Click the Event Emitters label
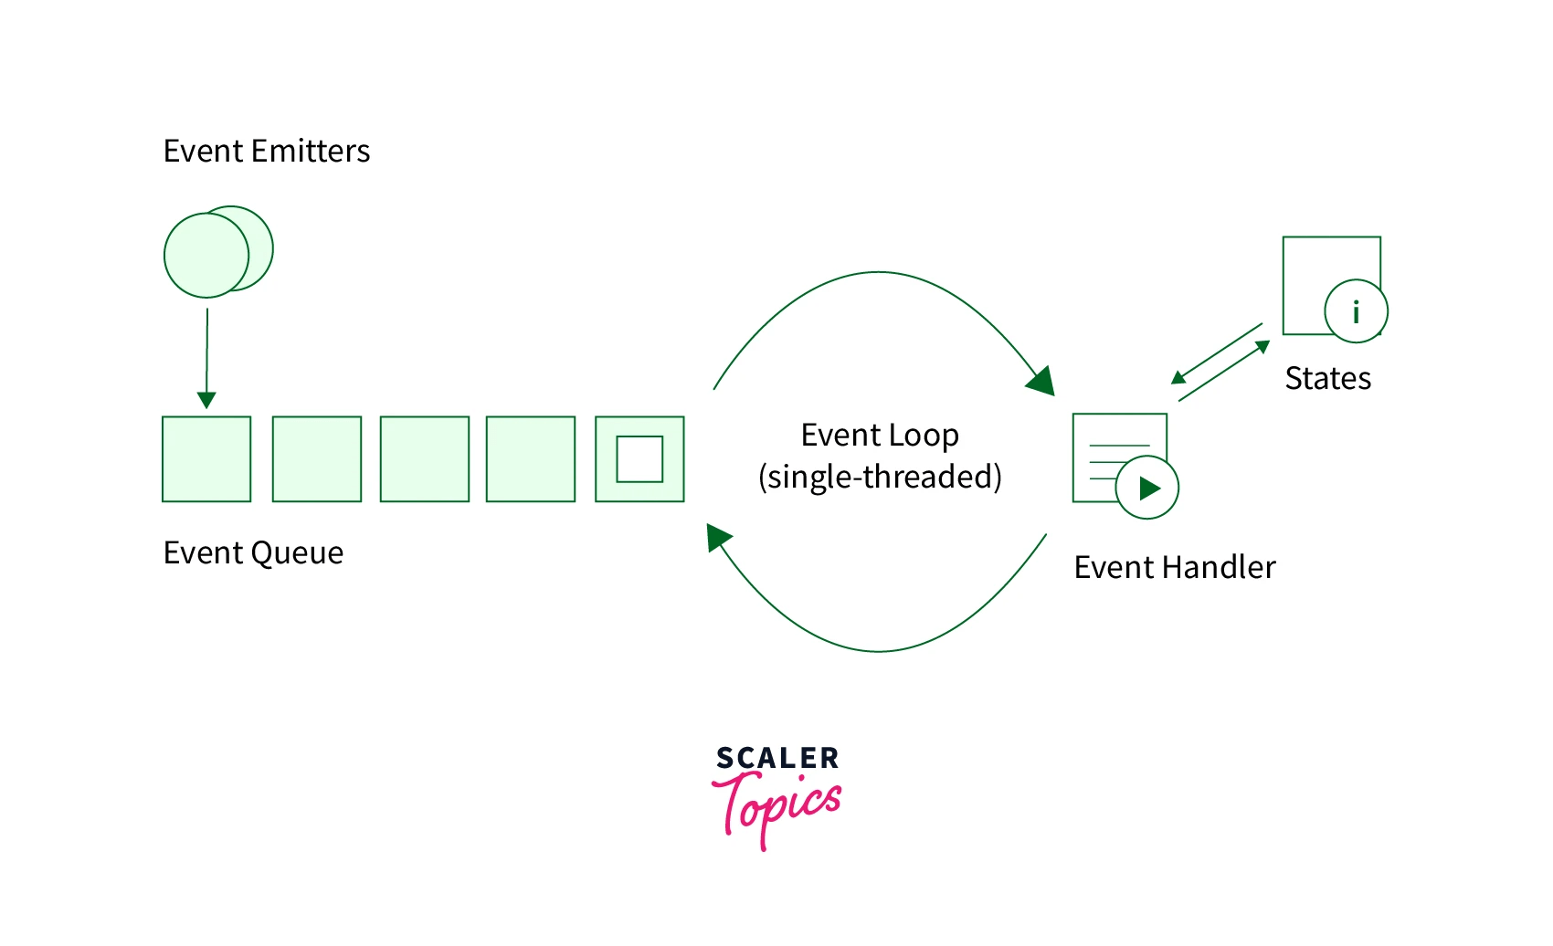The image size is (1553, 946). click(x=266, y=151)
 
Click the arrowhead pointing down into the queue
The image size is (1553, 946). click(x=206, y=400)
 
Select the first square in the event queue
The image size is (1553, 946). click(x=206, y=459)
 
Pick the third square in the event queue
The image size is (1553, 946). click(x=424, y=459)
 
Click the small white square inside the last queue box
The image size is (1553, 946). click(x=639, y=459)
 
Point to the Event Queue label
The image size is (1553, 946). click(x=253, y=552)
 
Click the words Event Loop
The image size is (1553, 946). click(x=880, y=435)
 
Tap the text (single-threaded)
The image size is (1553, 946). click(x=880, y=477)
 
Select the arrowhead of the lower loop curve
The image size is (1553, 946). click(x=718, y=537)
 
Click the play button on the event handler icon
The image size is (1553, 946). click(x=1147, y=488)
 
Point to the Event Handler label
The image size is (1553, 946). click(x=1174, y=567)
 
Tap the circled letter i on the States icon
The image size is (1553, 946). click(x=1356, y=311)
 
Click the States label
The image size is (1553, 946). click(x=1327, y=378)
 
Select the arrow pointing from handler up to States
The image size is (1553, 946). click(x=1224, y=371)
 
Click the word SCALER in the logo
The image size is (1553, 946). click(x=776, y=758)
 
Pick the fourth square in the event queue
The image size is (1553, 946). click(x=531, y=459)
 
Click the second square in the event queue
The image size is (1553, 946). click(x=317, y=459)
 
